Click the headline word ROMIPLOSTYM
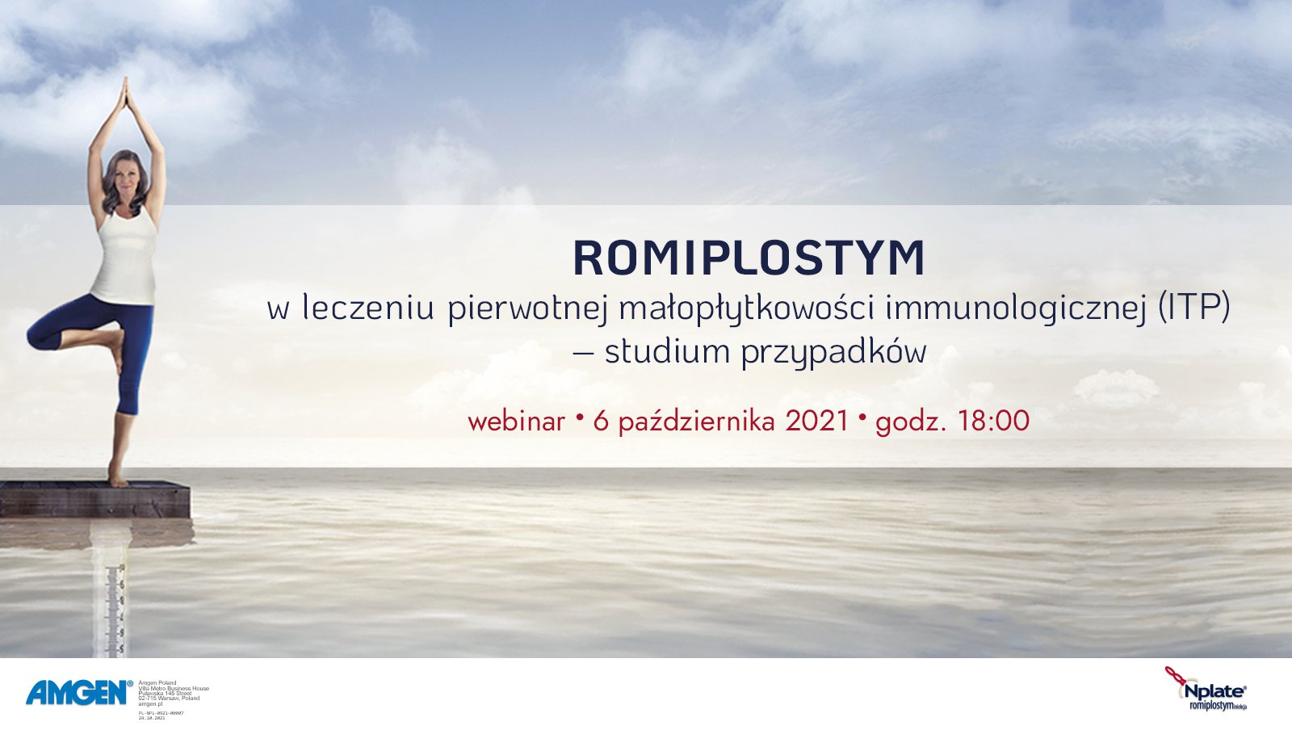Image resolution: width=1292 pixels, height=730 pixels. (x=749, y=258)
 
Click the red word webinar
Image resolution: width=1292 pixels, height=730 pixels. (x=516, y=421)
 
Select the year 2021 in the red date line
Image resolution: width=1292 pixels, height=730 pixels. (x=817, y=421)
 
